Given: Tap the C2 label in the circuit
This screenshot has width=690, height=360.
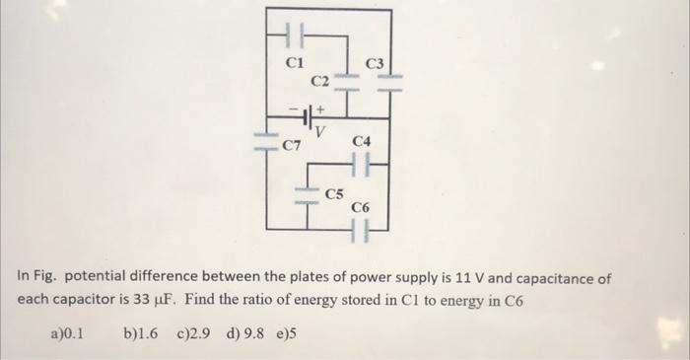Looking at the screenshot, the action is (320, 80).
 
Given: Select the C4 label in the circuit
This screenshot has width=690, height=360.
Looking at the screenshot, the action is (361, 144).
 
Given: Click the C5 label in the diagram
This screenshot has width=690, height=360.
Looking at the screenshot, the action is (335, 193).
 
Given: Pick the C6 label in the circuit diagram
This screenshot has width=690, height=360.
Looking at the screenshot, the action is (361, 208).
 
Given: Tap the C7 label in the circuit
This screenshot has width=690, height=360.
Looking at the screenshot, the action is (292, 147).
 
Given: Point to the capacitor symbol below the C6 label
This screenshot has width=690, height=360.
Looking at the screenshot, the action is (361, 233).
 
